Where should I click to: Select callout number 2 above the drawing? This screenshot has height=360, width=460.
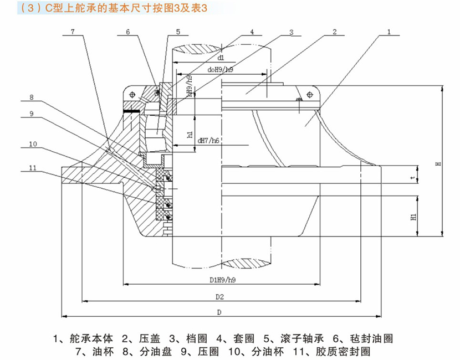[335, 32]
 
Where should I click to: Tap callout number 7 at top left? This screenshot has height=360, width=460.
[73, 32]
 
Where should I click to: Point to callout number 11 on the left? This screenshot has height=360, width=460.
[33, 167]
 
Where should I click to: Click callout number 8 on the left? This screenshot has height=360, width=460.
[32, 97]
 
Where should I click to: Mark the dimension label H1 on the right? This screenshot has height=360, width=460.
[413, 218]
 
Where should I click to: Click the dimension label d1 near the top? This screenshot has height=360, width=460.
[221, 57]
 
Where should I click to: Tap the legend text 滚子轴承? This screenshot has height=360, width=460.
[294, 338]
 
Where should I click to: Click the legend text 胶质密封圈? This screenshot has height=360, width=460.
[347, 351]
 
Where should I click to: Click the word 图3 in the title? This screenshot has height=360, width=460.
[174, 9]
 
